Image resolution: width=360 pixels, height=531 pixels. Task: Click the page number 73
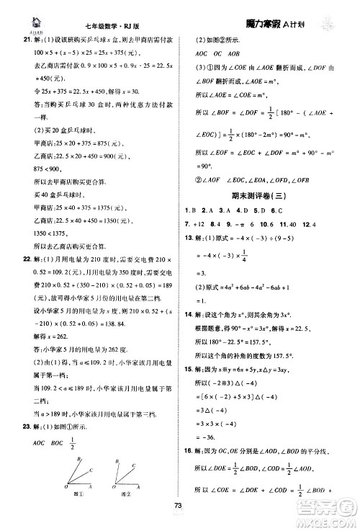pyautogui.click(x=180, y=523)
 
